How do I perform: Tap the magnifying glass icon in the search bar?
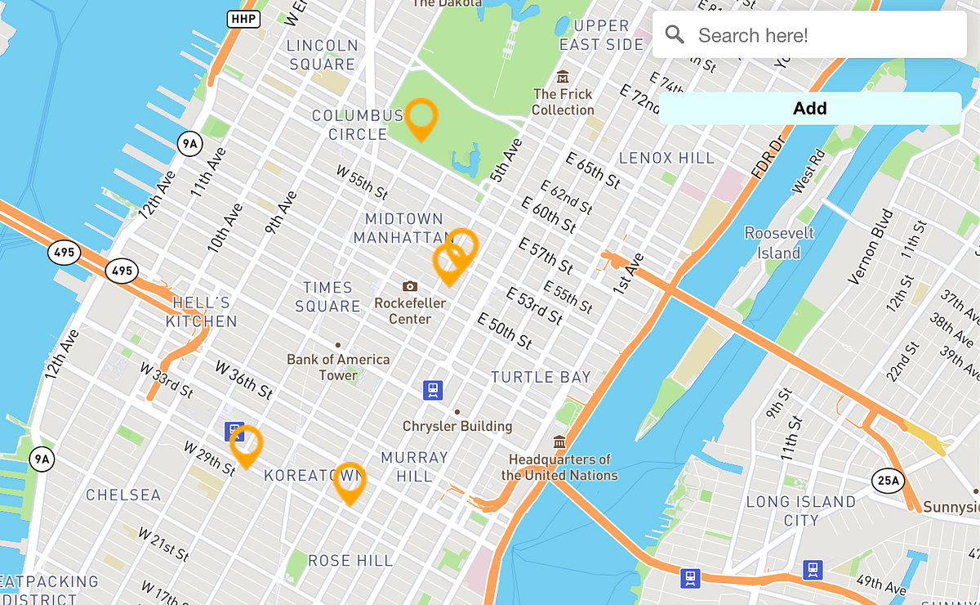675,34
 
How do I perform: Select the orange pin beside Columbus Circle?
421,117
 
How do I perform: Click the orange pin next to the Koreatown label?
350,482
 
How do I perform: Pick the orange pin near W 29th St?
246,445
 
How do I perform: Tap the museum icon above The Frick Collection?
563,77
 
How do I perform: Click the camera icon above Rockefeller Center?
410,285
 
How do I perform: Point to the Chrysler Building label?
457,426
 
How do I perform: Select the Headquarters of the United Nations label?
559,467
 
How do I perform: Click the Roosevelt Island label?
779,243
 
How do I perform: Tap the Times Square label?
327,297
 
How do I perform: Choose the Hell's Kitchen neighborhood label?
202,312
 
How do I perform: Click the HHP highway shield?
243,18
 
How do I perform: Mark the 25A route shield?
887,481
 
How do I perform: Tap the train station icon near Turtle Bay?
433,390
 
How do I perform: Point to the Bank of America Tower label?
338,367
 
